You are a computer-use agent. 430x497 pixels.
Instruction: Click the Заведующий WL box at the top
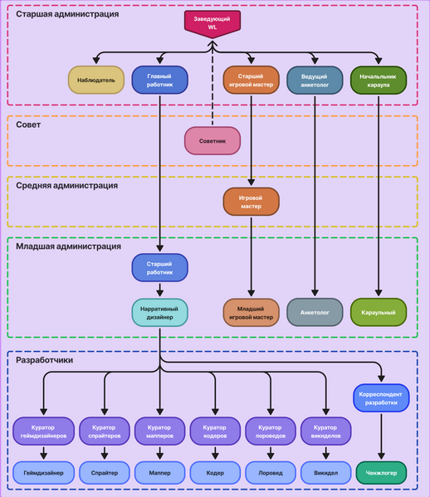(x=213, y=22)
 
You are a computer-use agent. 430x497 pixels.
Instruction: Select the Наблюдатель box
(x=96, y=80)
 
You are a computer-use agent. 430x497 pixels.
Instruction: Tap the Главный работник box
(x=159, y=80)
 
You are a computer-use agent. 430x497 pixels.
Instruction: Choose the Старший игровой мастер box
(x=251, y=80)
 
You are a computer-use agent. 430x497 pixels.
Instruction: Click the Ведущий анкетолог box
(x=315, y=80)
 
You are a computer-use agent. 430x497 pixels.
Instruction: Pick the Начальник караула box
(x=378, y=80)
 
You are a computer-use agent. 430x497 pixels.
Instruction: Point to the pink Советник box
(x=213, y=142)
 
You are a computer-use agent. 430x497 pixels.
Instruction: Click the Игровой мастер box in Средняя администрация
(x=251, y=202)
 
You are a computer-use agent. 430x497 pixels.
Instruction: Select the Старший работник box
(x=159, y=267)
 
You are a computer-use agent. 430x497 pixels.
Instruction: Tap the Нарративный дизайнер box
(x=159, y=312)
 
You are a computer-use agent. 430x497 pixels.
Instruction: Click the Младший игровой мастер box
(x=251, y=312)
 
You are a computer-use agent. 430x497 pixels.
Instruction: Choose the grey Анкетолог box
(x=315, y=312)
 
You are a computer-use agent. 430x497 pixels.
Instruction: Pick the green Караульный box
(x=378, y=312)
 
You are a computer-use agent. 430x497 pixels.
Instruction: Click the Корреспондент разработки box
(x=381, y=397)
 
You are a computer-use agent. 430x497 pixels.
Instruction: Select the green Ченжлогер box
(x=381, y=473)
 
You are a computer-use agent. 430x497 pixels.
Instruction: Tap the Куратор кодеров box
(x=214, y=431)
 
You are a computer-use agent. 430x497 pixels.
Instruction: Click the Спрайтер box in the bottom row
(x=105, y=473)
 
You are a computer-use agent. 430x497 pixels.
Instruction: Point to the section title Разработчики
(x=45, y=360)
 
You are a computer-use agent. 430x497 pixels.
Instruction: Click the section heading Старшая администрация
(x=67, y=14)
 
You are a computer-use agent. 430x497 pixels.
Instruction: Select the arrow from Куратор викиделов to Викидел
(x=325, y=453)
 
